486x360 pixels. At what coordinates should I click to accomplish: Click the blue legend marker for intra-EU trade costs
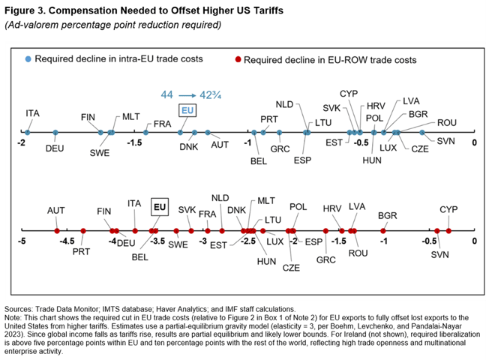pos(28,59)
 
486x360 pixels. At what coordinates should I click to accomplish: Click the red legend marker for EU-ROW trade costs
pos(238,59)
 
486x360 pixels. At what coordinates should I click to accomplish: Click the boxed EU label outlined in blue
pos(188,110)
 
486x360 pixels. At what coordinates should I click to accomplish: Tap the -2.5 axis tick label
pos(248,242)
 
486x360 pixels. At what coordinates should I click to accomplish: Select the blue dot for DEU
pos(55,133)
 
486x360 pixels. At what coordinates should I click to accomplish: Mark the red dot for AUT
pos(57,231)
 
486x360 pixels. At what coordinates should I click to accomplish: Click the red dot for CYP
pos(448,231)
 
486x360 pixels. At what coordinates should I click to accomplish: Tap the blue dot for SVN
pos(443,133)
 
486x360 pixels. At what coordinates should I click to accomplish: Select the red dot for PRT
pos(83,231)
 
